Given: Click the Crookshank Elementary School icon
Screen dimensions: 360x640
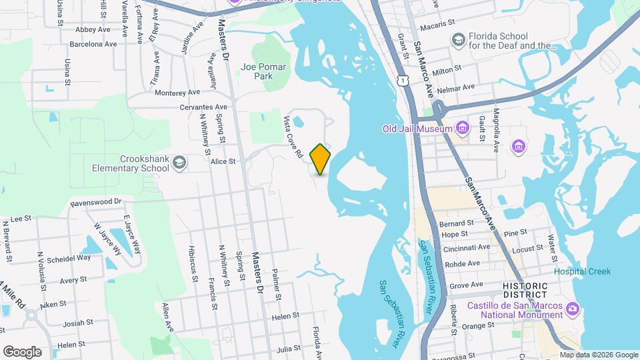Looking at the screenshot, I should [x=179, y=161].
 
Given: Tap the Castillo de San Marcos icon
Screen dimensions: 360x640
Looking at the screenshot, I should [x=572, y=308].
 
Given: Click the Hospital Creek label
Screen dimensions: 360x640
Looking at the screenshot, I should [x=581, y=271].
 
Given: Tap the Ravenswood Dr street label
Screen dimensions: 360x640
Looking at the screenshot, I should [x=97, y=201].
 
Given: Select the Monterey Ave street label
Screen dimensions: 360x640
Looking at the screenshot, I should [x=177, y=92].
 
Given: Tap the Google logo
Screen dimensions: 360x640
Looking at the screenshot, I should [x=22, y=351].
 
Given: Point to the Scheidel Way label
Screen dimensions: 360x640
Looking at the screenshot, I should [x=73, y=257].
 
